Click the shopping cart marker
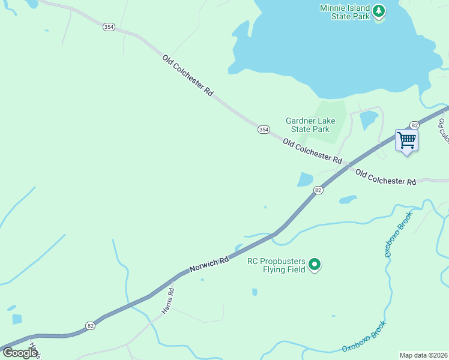406,140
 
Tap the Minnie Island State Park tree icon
378,11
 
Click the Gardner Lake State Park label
307,125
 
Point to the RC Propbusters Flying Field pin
315,264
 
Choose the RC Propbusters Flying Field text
277,265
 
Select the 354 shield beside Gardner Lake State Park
264,130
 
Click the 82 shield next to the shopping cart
414,125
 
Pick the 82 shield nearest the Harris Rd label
90,325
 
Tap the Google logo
20,353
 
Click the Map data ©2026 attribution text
423,355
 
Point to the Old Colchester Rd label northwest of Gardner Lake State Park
187,76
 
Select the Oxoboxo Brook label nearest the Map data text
364,337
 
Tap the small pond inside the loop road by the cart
368,121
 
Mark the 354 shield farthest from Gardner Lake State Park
108,28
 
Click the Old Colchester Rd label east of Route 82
385,178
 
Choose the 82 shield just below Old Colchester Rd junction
318,190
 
